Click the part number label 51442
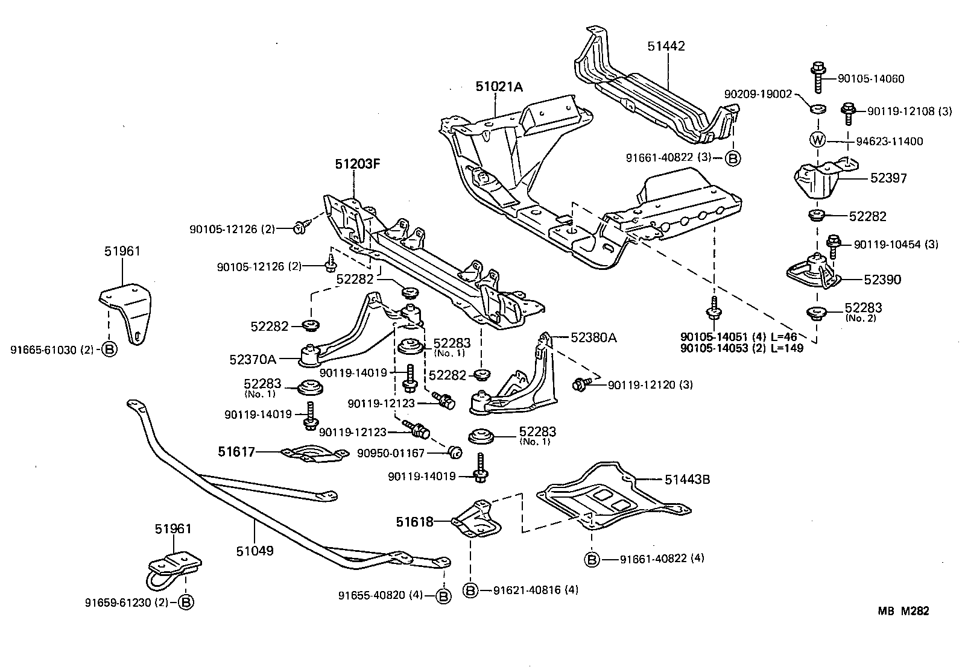pos(666,46)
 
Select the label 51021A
pos(499,87)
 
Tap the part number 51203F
pos(359,164)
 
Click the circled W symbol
pos(817,140)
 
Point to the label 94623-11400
pos(890,142)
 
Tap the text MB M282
pos(903,611)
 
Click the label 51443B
pos(688,480)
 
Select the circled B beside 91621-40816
pos(471,590)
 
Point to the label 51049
pos(254,550)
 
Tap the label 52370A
pos(252,360)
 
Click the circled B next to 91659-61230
pos(186,602)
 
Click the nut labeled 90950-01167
pos(455,451)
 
